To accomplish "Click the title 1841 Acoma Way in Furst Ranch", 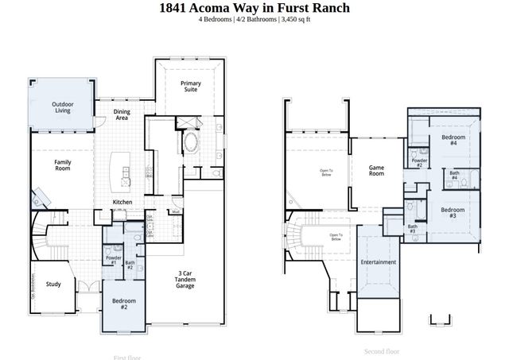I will click(254, 8).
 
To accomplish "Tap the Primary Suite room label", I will click(190, 87).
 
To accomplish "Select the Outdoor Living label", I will click(63, 107).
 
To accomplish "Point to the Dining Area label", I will click(122, 115).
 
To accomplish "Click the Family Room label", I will click(63, 165).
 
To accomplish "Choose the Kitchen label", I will click(122, 203).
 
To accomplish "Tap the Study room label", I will click(53, 284).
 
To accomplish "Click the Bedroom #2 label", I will click(124, 304).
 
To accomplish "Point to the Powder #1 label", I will click(113, 260).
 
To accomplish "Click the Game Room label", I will click(376, 170).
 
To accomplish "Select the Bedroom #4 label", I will click(453, 140).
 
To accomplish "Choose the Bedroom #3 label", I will click(453, 212).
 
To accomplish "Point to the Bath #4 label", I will click(454, 175).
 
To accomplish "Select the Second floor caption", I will click(382, 351).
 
